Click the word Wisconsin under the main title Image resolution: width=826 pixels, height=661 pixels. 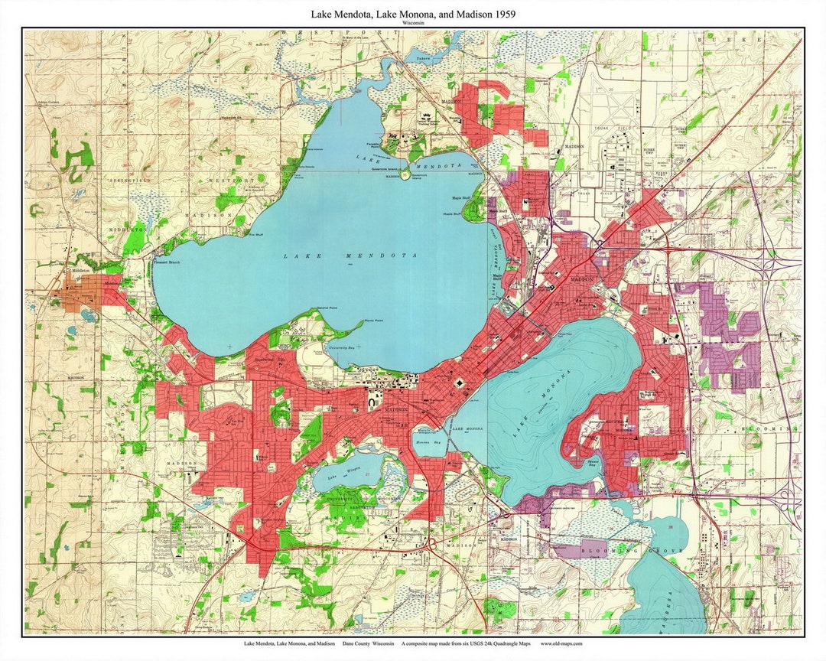coord(413,23)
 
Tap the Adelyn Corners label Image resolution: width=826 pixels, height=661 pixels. coord(47,103)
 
